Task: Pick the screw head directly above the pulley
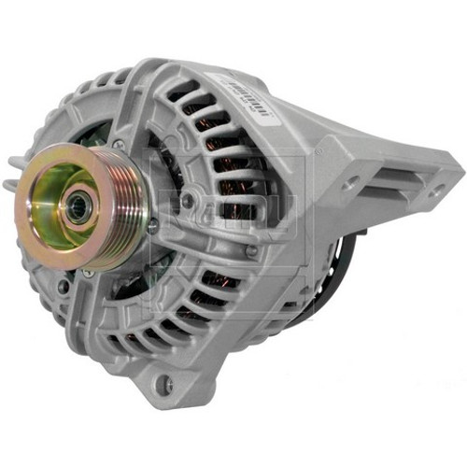coord(120,143)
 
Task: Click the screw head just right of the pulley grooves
coord(188,199)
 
